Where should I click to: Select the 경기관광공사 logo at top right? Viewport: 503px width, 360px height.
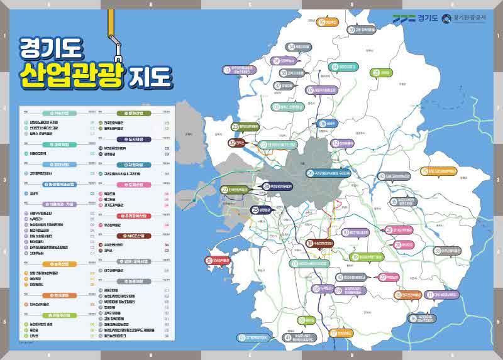[464, 18]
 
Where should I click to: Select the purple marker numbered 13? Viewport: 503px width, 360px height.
[227, 70]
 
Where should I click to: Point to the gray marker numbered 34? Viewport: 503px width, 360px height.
[292, 46]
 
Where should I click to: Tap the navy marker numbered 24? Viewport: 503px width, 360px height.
[267, 187]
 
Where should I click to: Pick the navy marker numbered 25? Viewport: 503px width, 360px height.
[255, 210]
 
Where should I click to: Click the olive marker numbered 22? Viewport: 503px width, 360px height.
[224, 189]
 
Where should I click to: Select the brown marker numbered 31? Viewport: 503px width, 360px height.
[309, 243]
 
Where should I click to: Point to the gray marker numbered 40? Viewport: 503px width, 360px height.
[382, 177]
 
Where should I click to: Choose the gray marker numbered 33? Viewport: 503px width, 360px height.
[437, 250]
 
